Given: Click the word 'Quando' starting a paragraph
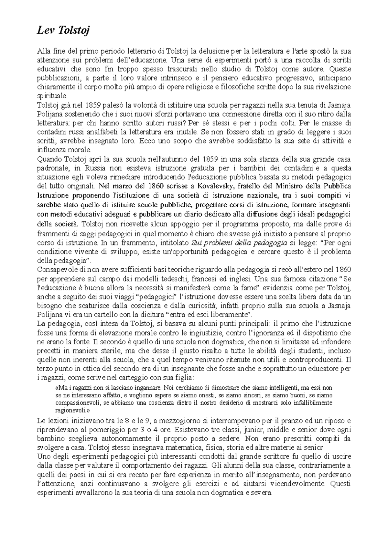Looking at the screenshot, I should coord(46,159).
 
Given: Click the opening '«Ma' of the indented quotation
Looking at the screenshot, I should coord(60,387).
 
